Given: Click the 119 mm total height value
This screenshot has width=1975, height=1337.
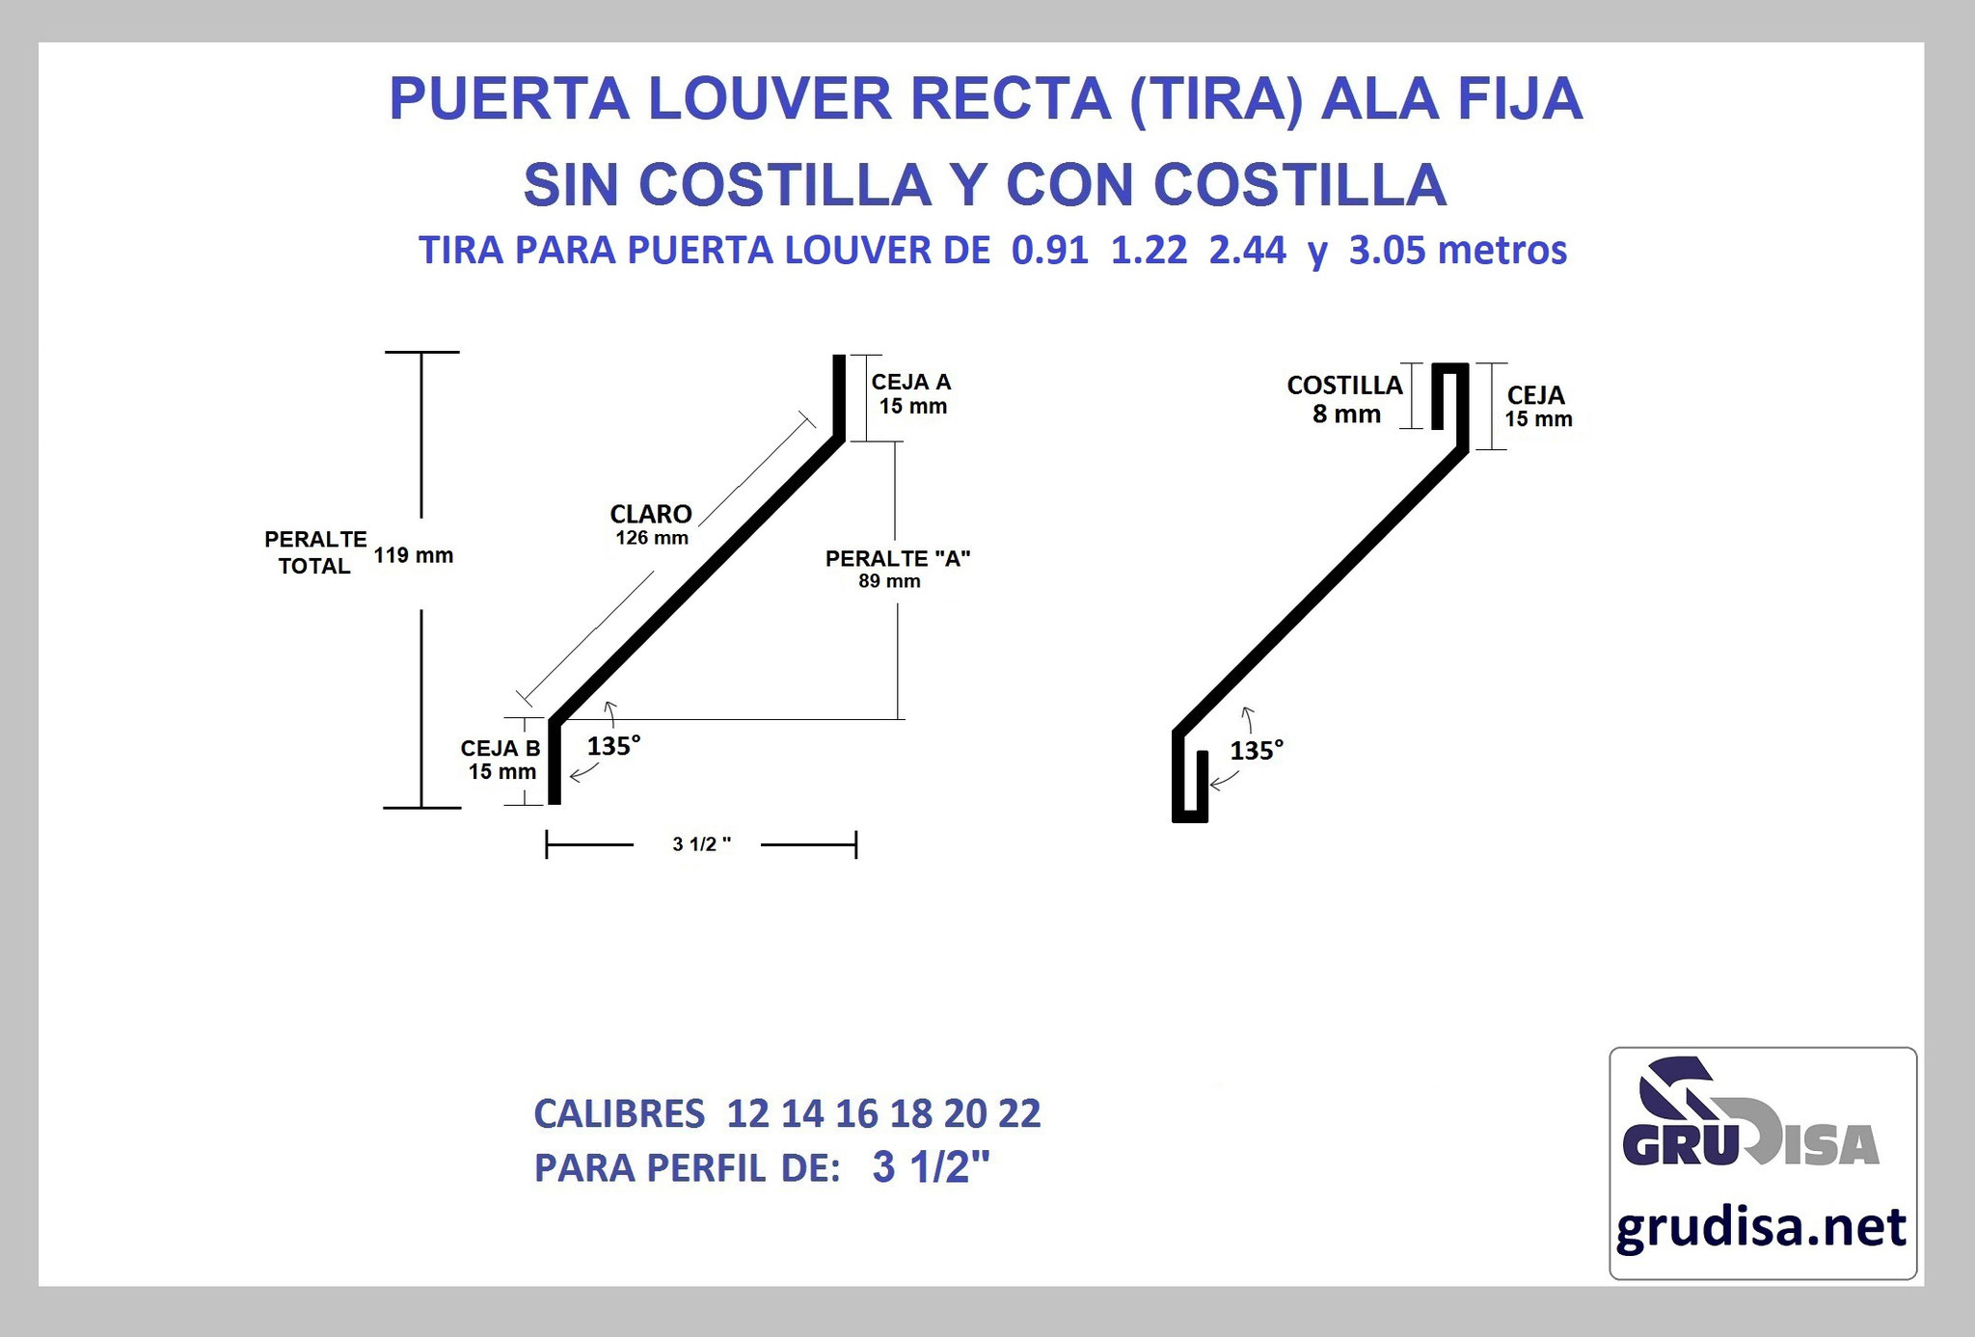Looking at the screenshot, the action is [414, 555].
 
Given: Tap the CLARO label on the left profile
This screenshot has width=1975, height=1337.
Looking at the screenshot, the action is [651, 514].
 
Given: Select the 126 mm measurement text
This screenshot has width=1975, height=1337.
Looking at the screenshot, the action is [652, 538].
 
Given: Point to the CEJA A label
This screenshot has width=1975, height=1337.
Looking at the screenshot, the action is [911, 382].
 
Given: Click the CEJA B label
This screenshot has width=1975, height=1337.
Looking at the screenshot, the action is [501, 748].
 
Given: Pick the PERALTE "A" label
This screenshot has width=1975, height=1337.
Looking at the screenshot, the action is [898, 558].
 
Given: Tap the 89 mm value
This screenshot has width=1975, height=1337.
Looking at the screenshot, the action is [889, 581].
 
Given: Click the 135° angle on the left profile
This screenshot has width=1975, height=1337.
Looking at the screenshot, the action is [614, 745].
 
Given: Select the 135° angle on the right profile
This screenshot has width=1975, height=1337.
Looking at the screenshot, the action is [1257, 750].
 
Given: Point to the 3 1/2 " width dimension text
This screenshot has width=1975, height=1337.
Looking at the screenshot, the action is [701, 844].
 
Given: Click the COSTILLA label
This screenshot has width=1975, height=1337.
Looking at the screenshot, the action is [1344, 386].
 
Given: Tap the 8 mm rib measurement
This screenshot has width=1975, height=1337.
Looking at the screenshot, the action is [1346, 414].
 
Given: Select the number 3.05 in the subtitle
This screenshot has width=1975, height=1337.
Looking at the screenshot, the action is [1387, 251].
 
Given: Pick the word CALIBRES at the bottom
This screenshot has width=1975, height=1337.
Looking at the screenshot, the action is [619, 1113].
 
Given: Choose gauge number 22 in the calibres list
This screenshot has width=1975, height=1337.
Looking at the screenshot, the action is [1019, 1113].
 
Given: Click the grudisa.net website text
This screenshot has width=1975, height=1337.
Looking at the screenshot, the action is [1761, 1228].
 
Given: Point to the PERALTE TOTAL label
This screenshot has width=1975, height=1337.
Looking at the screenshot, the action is [315, 552].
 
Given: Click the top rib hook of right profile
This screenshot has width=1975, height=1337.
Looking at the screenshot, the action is [1449, 395].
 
